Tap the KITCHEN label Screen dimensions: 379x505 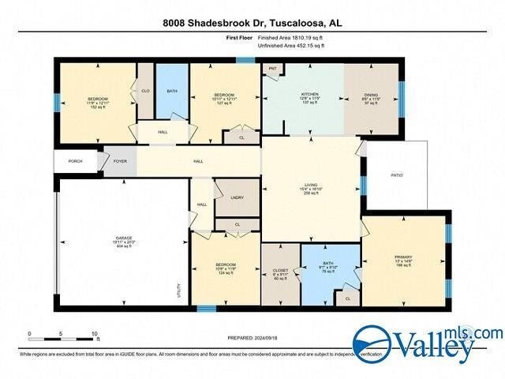(x=309, y=94)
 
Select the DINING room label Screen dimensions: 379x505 (x=371, y=94)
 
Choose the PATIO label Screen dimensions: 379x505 (x=396, y=175)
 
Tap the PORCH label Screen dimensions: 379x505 (x=75, y=160)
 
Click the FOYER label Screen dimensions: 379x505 (x=120, y=160)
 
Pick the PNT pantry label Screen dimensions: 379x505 (x=271, y=69)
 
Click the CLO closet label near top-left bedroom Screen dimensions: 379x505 (x=146, y=90)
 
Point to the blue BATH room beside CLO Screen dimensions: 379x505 (x=171, y=90)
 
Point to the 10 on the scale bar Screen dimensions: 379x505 (x=95, y=333)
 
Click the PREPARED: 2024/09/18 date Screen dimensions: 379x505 (x=252, y=338)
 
